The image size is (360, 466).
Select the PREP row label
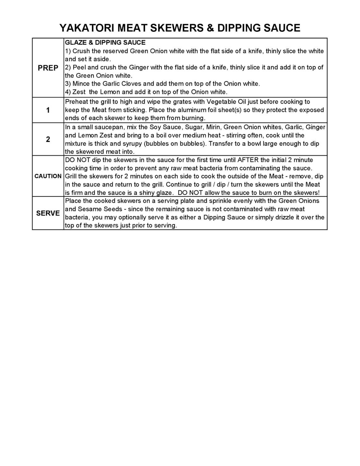[x=48, y=68]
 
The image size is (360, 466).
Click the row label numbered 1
[x=48, y=110]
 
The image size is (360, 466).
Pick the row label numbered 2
[x=48, y=139]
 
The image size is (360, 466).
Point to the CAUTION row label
[x=48, y=176]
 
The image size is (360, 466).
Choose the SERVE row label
[x=48, y=213]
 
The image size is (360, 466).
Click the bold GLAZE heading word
[x=75, y=43]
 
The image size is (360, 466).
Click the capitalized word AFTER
[x=248, y=160]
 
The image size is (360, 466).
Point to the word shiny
[x=147, y=193]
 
